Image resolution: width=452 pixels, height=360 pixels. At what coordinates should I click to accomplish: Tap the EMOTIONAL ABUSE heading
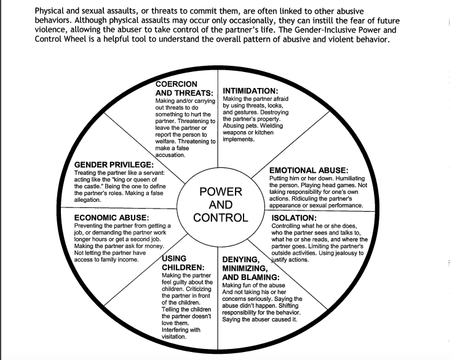(x=309, y=170)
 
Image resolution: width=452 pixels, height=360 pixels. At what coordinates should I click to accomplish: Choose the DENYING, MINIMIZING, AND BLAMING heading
(x=244, y=268)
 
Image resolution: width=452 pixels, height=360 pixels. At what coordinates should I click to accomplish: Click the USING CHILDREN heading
(x=183, y=263)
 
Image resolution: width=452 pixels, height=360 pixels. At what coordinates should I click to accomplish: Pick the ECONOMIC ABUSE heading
(x=111, y=217)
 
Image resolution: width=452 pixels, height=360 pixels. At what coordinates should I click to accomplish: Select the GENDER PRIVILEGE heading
(x=114, y=165)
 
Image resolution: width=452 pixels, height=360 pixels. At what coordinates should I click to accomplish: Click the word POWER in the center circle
(x=221, y=191)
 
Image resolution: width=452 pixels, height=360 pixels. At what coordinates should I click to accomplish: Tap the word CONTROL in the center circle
(x=221, y=218)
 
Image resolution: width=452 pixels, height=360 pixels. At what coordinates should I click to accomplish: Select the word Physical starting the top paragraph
(x=53, y=10)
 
